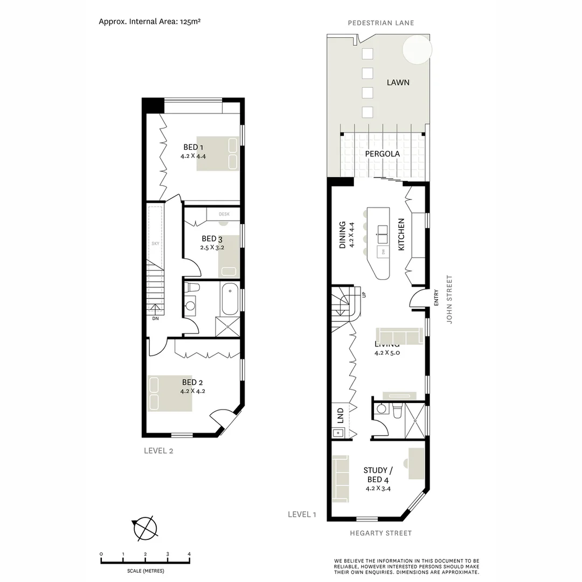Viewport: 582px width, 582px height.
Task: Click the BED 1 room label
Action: (193, 147)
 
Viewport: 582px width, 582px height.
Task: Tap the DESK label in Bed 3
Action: (224, 214)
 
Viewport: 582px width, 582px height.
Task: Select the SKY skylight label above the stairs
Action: (155, 244)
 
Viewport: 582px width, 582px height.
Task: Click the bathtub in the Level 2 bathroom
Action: (228, 300)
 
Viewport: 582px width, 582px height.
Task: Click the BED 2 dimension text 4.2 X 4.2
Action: (193, 392)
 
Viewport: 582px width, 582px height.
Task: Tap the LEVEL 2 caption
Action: (158, 451)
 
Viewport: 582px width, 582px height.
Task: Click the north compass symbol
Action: (144, 528)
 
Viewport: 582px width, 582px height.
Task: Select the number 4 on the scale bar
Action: (189, 554)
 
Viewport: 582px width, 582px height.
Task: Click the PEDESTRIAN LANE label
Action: (380, 23)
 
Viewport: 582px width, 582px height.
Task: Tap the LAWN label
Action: (398, 82)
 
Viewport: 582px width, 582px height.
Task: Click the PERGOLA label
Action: (382, 154)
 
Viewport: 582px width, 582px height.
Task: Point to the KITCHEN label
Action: (401, 234)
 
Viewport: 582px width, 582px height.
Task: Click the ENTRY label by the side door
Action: (435, 299)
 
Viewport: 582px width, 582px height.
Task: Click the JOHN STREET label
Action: (449, 300)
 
